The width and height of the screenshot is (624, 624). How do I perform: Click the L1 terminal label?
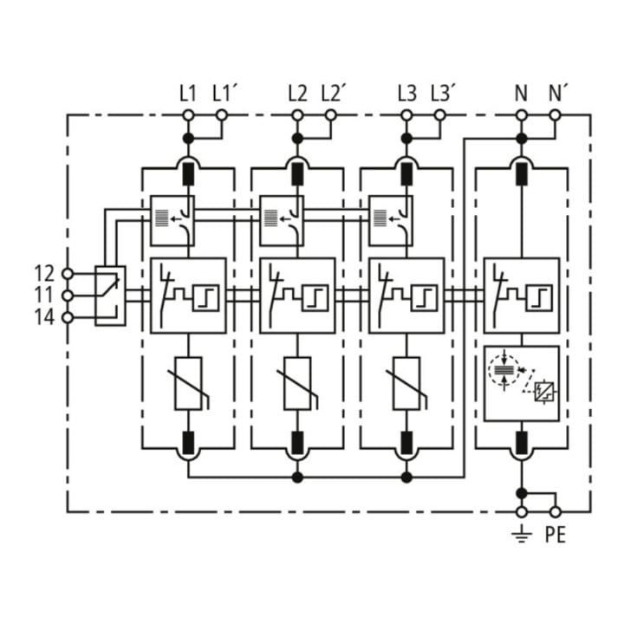[188, 94]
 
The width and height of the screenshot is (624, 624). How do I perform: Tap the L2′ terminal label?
[332, 94]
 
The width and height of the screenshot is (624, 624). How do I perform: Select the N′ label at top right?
[558, 94]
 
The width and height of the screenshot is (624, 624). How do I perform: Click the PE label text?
[556, 535]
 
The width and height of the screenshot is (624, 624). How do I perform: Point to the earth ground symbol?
[522, 535]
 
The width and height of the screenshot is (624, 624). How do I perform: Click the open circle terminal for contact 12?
[68, 274]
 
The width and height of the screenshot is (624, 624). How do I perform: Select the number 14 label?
[44, 317]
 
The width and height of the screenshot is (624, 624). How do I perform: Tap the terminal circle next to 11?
[68, 296]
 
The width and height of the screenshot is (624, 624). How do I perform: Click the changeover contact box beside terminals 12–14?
[110, 296]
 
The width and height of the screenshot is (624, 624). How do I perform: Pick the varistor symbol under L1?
[188, 384]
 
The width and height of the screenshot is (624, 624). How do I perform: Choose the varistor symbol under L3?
[406, 384]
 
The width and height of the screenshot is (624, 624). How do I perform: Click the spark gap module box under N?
[522, 384]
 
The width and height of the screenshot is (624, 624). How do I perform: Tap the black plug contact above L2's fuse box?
[297, 174]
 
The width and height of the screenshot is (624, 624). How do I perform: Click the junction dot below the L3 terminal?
[406, 139]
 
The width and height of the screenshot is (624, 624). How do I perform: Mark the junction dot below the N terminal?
[522, 139]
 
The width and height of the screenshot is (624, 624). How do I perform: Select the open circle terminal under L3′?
[439, 115]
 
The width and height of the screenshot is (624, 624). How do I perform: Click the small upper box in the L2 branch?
[282, 220]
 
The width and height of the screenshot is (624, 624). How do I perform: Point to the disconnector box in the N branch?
[522, 296]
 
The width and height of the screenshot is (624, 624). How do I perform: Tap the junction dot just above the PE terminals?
[522, 493]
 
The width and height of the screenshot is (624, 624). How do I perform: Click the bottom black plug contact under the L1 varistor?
[188, 443]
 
